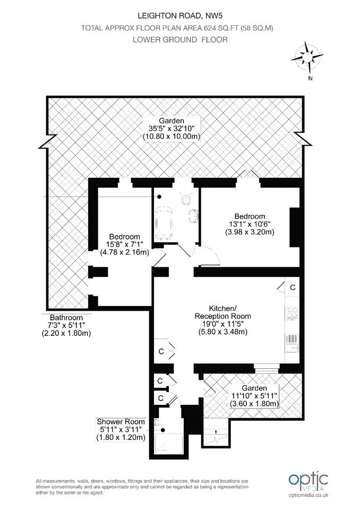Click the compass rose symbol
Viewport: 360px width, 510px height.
click(x=307, y=57)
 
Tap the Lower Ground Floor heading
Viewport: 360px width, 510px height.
click(x=180, y=40)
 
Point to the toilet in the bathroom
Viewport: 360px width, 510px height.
click(x=187, y=199)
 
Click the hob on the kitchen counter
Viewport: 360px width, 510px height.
click(x=292, y=313)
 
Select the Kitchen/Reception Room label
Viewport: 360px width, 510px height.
click(x=223, y=312)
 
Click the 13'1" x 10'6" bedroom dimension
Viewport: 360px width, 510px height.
click(x=250, y=224)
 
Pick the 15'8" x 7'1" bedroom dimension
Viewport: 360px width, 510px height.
click(x=125, y=244)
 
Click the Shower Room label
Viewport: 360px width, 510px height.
click(x=121, y=421)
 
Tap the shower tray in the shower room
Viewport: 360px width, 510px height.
click(x=165, y=444)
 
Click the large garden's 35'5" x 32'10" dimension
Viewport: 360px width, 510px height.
click(x=172, y=129)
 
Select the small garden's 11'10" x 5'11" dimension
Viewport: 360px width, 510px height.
click(x=254, y=396)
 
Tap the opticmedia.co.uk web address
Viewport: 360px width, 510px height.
click(x=308, y=495)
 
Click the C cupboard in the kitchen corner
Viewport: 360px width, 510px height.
click(x=293, y=287)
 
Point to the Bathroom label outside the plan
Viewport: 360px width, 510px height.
click(x=66, y=318)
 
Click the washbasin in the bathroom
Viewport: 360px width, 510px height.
click(x=193, y=216)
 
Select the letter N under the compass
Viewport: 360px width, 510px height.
click(x=310, y=79)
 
